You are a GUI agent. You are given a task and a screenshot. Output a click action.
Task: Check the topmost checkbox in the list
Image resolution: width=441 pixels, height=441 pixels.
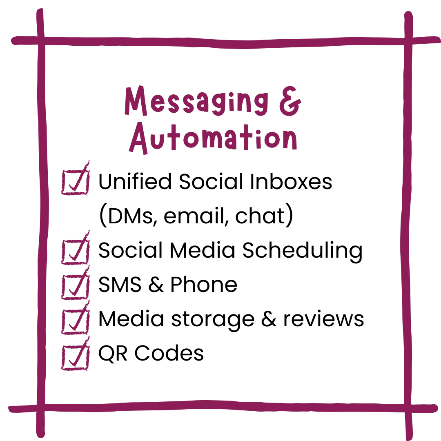coord(75,181)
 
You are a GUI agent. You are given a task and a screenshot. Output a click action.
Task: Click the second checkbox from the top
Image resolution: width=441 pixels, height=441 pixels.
coord(75,252)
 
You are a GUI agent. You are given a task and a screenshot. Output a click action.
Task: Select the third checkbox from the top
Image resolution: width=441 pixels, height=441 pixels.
coord(75,287)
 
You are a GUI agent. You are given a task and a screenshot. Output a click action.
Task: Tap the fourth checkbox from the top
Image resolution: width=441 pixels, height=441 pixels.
coord(75,321)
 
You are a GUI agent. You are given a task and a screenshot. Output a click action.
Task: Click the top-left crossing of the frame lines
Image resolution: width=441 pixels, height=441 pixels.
coord(40,41)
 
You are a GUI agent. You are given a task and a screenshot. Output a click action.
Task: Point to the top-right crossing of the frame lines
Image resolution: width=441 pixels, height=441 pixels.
coord(408,41)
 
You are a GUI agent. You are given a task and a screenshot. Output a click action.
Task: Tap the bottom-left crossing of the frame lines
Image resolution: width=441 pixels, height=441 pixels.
coord(40,408)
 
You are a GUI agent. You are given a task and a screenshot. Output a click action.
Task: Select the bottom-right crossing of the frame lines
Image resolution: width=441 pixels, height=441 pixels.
coord(408,408)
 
